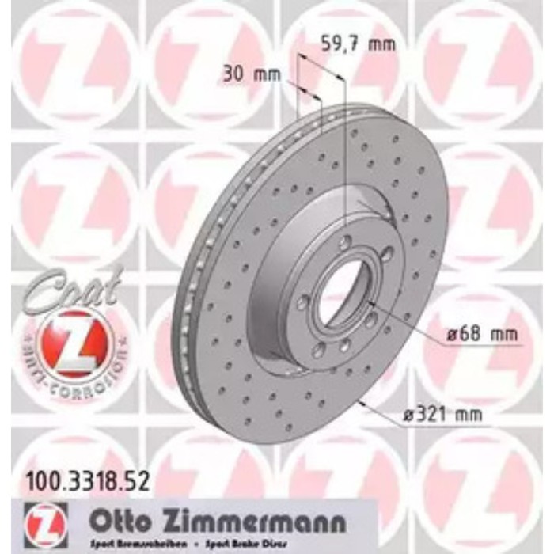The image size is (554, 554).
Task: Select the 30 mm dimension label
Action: point(252,75)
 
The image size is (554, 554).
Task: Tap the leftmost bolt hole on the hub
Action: point(303,302)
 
